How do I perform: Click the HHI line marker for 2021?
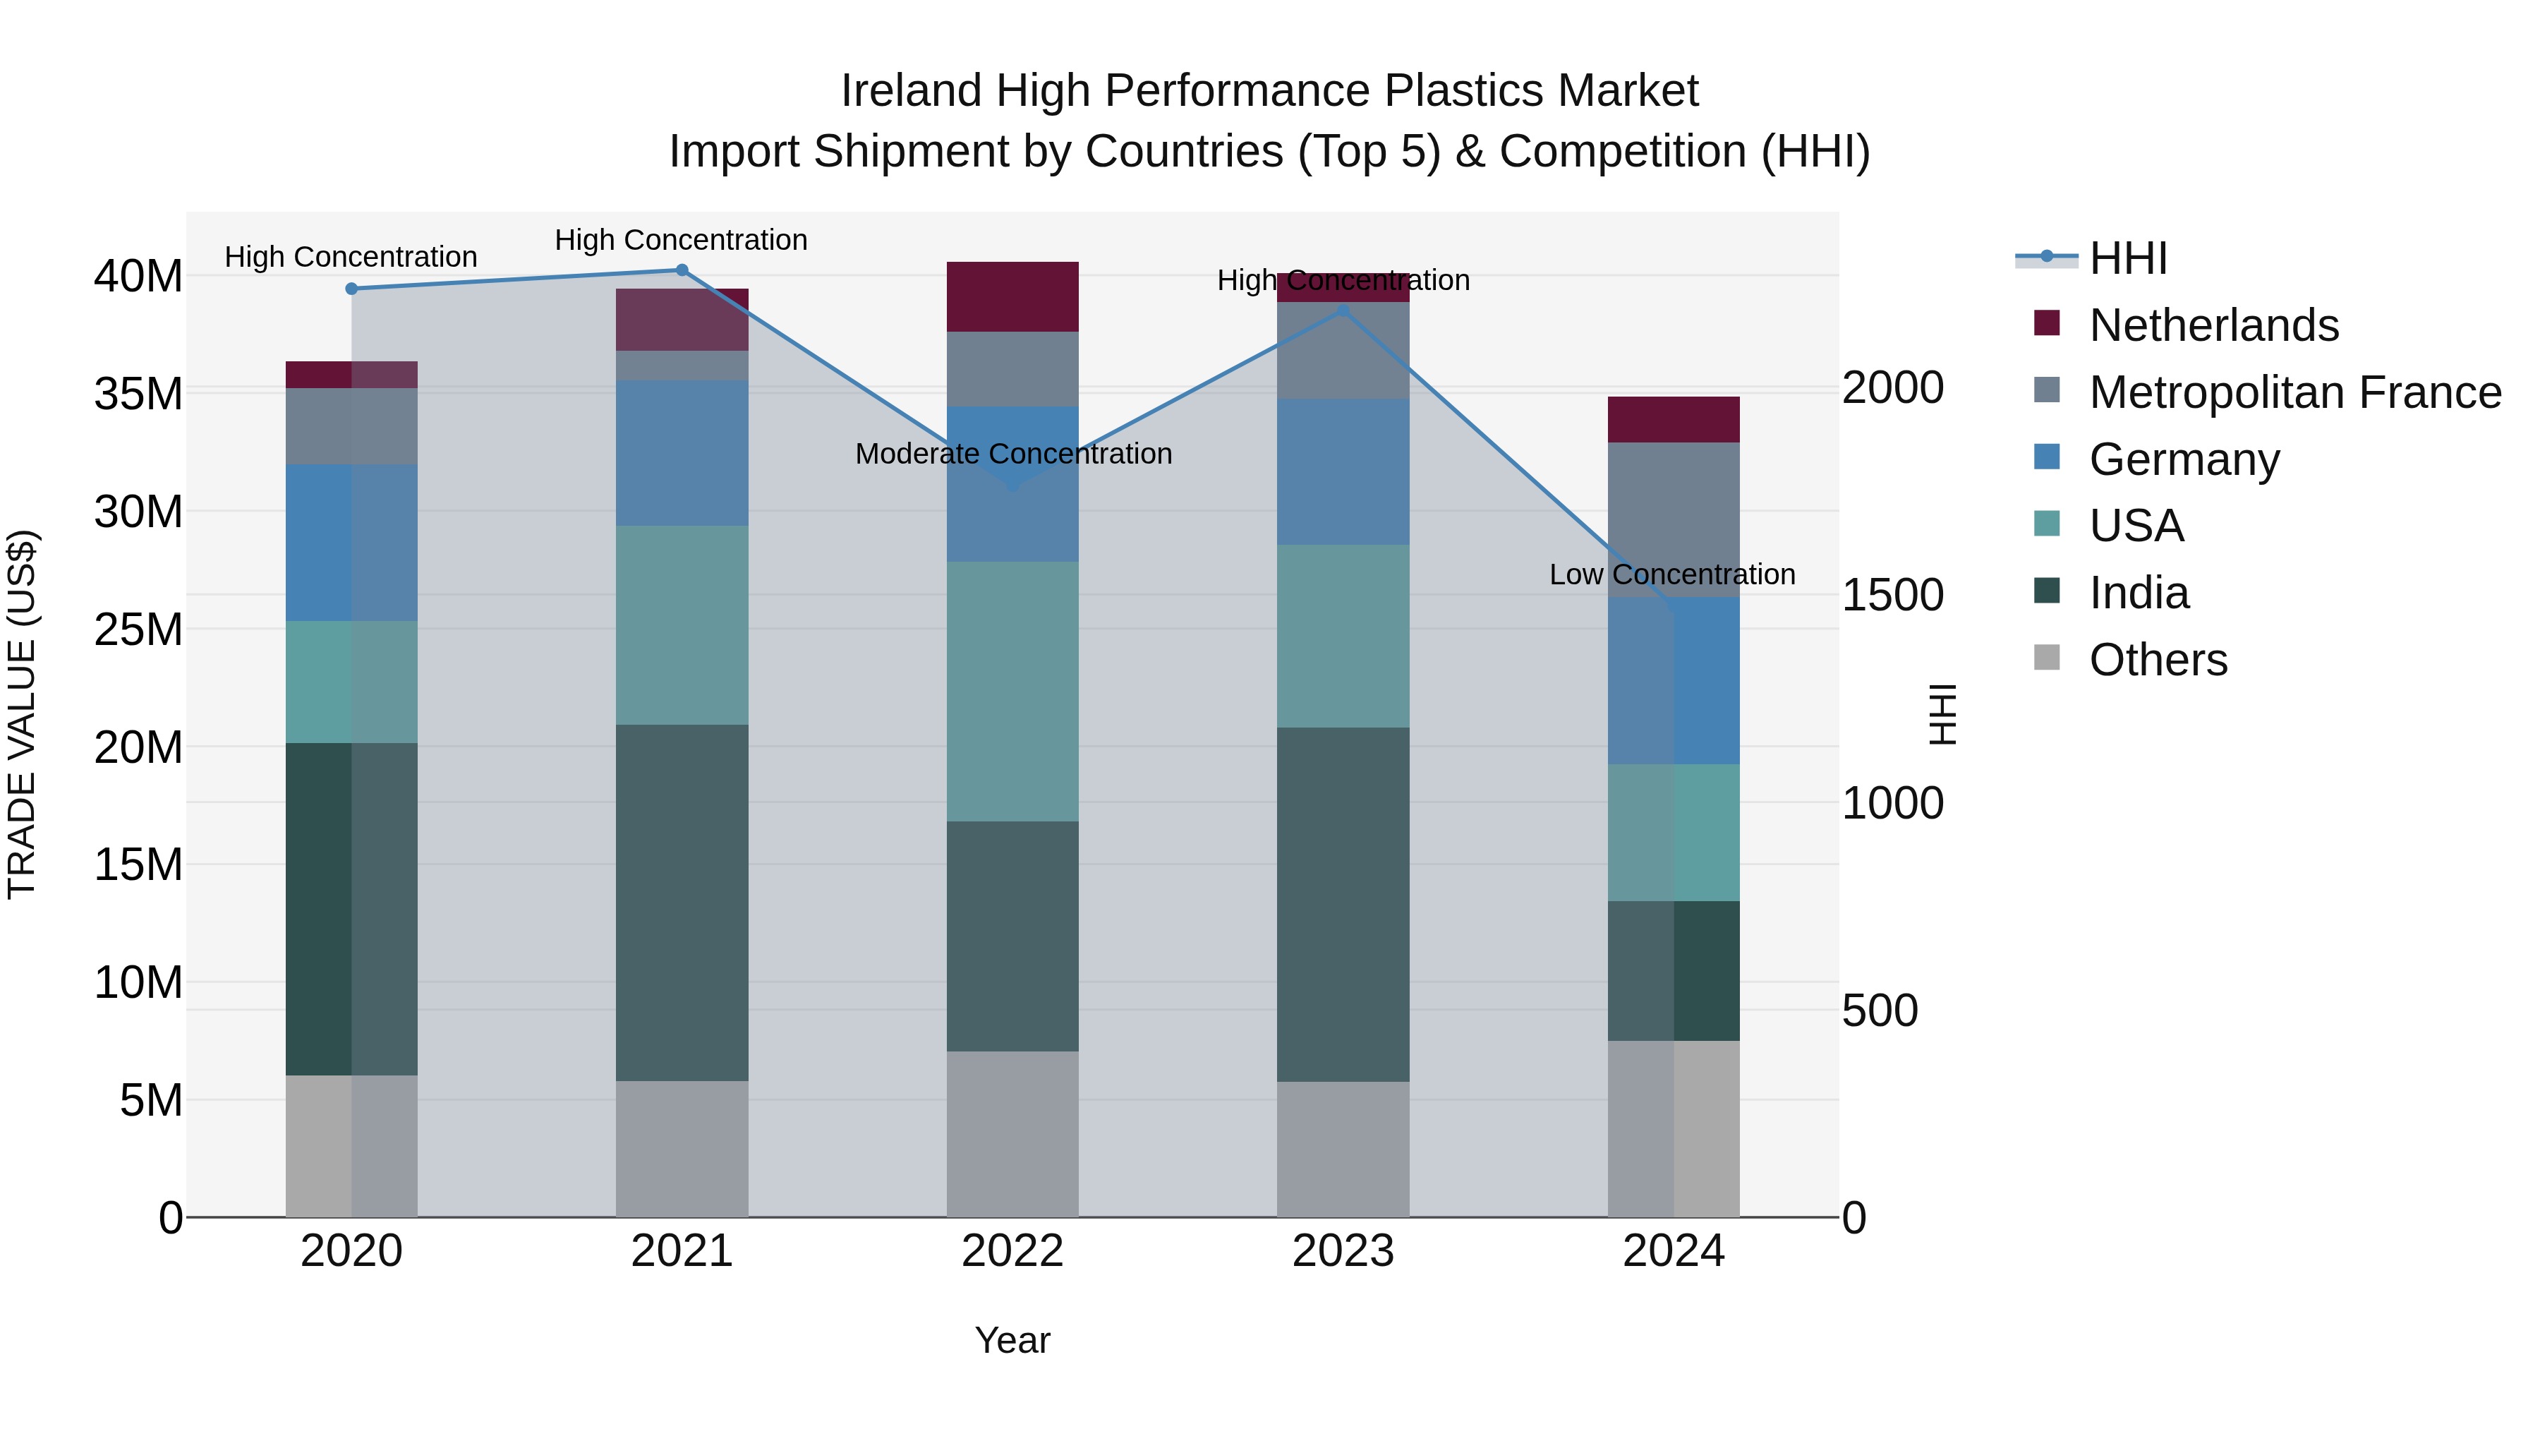click(x=682, y=270)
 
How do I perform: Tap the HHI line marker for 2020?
click(x=351, y=289)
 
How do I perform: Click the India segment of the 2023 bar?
click(x=1343, y=905)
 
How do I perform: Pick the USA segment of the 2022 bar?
click(x=1012, y=692)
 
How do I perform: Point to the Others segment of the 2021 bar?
click(x=682, y=1149)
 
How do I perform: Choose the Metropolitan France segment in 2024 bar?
click(x=1674, y=519)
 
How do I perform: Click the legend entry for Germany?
click(x=2184, y=459)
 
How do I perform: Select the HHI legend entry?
click(x=2128, y=258)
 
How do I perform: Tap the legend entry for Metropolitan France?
click(x=2294, y=392)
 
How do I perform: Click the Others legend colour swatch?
click(x=2047, y=658)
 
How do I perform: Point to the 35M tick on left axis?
click(x=138, y=394)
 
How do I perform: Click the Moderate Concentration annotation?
click(x=1012, y=454)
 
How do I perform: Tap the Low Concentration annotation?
click(x=1671, y=575)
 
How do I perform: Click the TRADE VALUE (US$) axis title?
click(x=22, y=714)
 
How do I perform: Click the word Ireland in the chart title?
click(x=911, y=91)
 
